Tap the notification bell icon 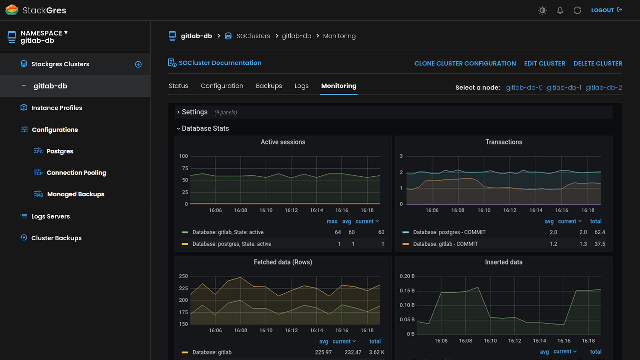coord(560,10)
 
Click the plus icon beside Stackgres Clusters coord(138,64)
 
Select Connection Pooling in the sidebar coord(76,173)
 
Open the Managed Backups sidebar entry coord(75,194)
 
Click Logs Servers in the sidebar coord(50,216)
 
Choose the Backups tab coord(269,86)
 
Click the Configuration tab coord(222,86)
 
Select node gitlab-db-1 coord(564,87)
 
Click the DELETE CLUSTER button coord(598,63)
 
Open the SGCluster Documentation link coord(220,63)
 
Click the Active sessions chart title coord(283,142)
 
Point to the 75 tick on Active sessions coord(185,168)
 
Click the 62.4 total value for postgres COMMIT coord(600,232)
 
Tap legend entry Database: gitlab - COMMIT coord(445,244)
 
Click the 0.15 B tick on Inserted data coord(407,291)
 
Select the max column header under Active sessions coord(332,221)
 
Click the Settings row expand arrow coord(178,112)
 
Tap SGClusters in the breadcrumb coord(253,36)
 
